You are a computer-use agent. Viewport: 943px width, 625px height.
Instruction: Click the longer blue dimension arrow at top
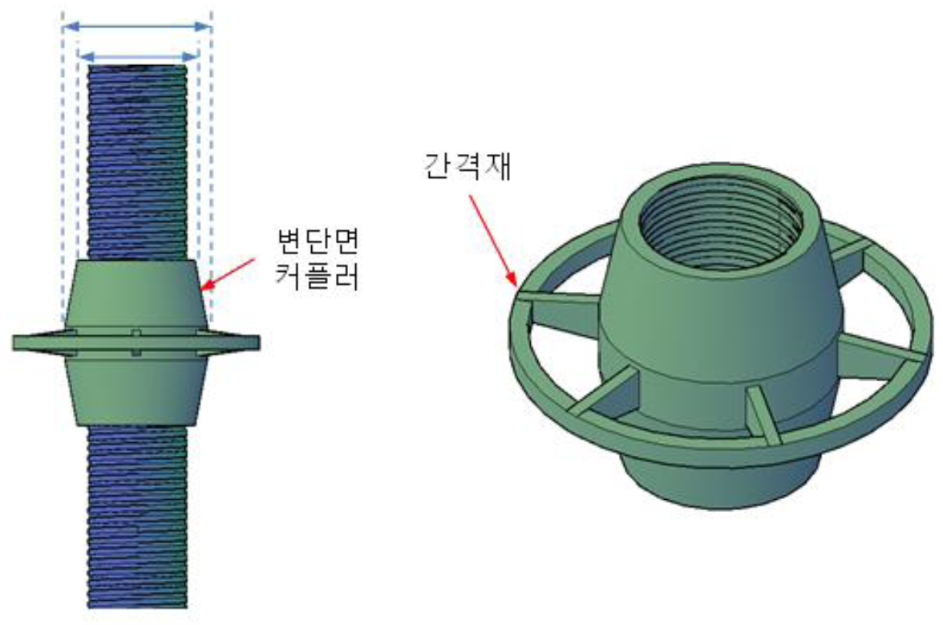pos(136,26)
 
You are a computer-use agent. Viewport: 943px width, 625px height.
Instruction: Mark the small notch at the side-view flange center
pos(137,341)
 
